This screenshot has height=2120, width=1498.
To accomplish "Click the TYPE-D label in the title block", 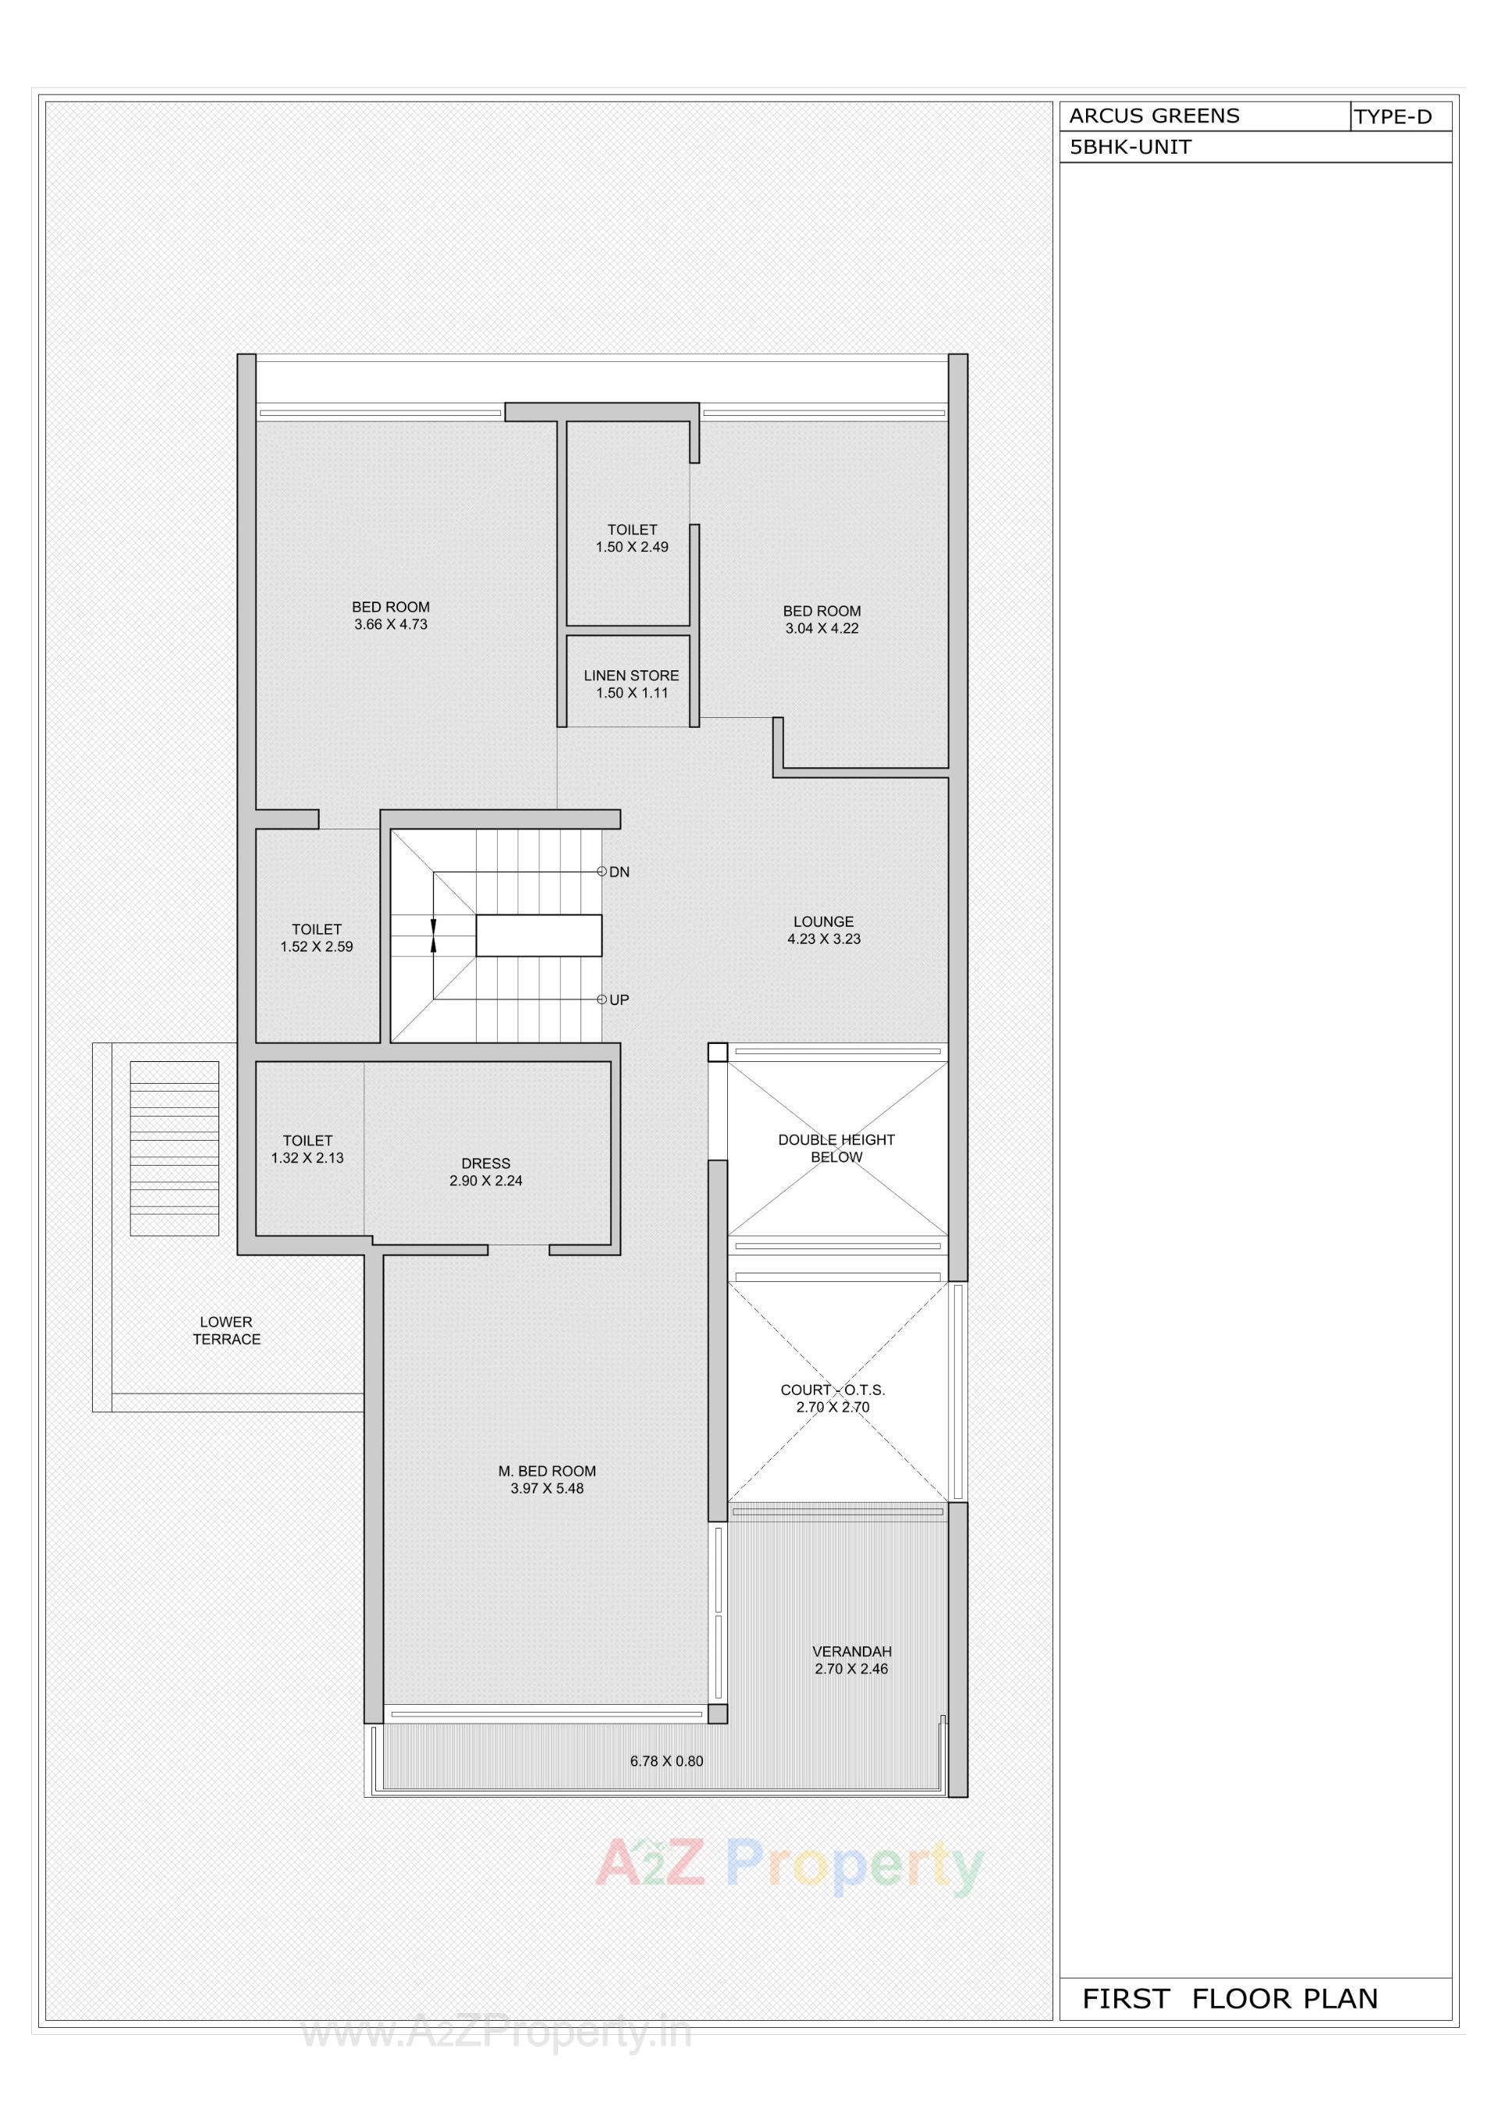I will point(1393,117).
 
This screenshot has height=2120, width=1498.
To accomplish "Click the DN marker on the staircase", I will point(618,872).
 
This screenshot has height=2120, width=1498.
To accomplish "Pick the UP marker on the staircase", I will point(618,1000).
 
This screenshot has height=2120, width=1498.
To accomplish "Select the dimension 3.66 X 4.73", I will point(391,624).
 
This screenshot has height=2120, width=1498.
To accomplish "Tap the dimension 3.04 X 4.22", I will point(822,629).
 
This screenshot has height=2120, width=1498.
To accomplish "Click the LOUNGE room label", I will point(823,922).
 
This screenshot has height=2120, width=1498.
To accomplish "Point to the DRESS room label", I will point(486,1163).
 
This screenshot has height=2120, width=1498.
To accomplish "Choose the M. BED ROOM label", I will point(547,1471).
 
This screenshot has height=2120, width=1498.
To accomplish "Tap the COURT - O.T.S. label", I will point(832,1390).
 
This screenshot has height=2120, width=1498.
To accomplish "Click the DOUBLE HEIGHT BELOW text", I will point(836,1148).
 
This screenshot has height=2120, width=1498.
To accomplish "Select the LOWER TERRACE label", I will point(226,1330).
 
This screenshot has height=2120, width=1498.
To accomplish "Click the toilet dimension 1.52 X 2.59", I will point(317,946).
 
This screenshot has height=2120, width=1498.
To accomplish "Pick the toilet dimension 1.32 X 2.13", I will point(307,1158).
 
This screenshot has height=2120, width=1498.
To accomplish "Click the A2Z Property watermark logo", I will point(789,1866).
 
